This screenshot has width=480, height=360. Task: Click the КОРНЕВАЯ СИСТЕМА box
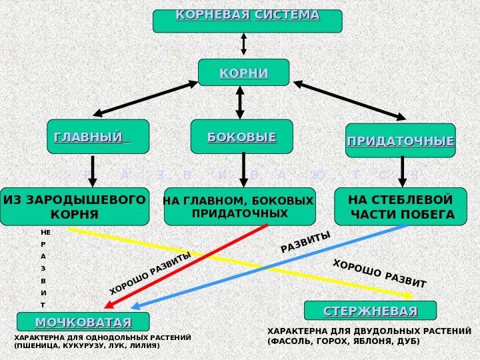tap(247, 20)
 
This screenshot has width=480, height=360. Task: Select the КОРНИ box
tap(244, 73)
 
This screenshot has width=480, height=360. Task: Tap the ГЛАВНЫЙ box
tap(98, 137)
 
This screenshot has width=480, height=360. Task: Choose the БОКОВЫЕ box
tap(241, 137)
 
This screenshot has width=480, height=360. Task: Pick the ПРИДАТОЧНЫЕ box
tap(400, 141)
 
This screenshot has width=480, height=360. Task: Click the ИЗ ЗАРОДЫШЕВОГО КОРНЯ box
tap(75, 207)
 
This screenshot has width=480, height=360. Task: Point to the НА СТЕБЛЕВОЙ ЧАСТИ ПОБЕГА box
tap(401, 207)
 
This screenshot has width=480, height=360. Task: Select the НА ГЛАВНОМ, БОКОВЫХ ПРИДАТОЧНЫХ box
tap(239, 207)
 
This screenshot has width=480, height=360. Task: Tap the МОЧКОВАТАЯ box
tap(83, 323)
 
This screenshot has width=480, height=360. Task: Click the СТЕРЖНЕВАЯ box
tap(370, 311)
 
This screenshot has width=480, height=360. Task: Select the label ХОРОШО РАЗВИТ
tap(379, 273)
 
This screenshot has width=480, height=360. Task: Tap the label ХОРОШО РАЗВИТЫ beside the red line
tap(150, 273)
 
